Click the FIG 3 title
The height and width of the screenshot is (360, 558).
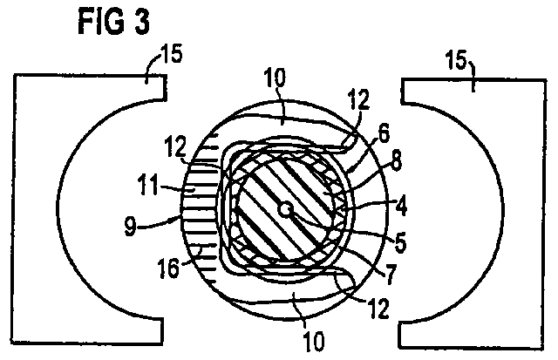click(114, 22)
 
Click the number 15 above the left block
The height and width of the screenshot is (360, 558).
click(170, 54)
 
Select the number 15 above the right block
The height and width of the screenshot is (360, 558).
click(456, 60)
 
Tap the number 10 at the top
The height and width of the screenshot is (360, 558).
click(275, 78)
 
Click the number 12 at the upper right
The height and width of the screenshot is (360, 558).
click(358, 99)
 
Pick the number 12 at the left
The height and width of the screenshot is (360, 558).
click(175, 146)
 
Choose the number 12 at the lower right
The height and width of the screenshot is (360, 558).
click(378, 309)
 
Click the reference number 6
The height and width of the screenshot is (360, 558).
click(384, 133)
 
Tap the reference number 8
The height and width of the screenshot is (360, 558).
click(396, 160)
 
